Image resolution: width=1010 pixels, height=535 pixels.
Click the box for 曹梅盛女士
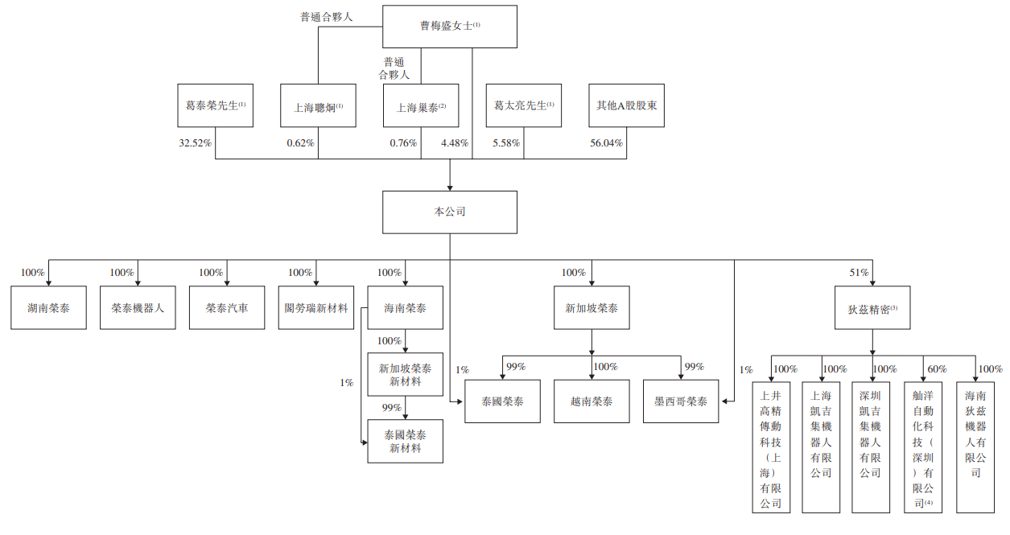pyautogui.click(x=449, y=26)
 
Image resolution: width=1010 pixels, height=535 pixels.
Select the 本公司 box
pyautogui.click(x=449, y=212)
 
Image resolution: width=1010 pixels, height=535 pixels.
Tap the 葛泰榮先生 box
pyautogui.click(x=215, y=105)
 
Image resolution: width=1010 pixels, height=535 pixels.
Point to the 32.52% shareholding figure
pyautogui.click(x=195, y=143)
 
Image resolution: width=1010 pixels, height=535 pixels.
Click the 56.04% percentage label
pyautogui.click(x=606, y=143)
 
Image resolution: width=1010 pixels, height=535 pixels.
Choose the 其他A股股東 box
pyautogui.click(x=626, y=105)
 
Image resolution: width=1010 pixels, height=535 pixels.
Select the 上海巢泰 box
pyautogui.click(x=421, y=105)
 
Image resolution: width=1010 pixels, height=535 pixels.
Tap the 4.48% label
pyautogui.click(x=455, y=143)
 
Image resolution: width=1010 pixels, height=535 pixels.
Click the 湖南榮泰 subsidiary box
pyautogui.click(x=48, y=307)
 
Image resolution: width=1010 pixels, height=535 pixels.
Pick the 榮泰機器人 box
pyautogui.click(x=138, y=307)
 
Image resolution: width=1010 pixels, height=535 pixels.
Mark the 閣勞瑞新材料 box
pyautogui.click(x=316, y=307)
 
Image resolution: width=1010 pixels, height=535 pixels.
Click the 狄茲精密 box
pyautogui.click(x=872, y=307)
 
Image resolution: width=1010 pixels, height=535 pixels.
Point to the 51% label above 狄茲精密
pyautogui.click(x=859, y=273)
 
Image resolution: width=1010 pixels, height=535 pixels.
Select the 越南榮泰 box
pyautogui.click(x=592, y=400)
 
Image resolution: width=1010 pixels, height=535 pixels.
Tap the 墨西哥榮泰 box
pyautogui.click(x=681, y=400)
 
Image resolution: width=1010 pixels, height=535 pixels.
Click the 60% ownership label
pyautogui.click(x=937, y=369)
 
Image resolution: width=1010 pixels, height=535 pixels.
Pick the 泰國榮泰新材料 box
pyautogui.click(x=405, y=441)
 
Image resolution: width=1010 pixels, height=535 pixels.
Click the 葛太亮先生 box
pyautogui.click(x=524, y=105)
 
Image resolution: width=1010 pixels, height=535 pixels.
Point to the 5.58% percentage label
pyautogui.click(x=506, y=143)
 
